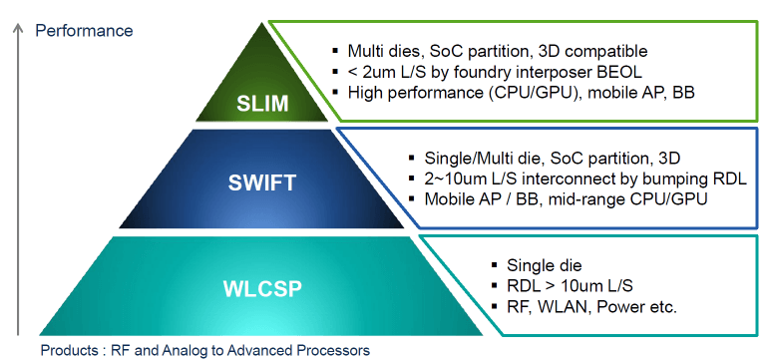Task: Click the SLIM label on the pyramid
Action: coord(261,104)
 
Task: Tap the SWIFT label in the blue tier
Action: coord(261,183)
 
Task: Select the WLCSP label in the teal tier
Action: coord(261,289)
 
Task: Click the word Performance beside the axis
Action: coord(84,31)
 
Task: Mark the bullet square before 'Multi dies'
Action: coord(335,50)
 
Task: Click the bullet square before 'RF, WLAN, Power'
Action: coord(494,307)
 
